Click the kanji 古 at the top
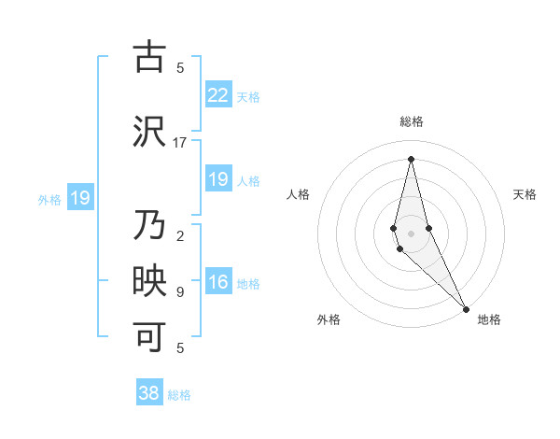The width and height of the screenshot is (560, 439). (149, 58)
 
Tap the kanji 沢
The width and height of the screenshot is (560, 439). (149, 131)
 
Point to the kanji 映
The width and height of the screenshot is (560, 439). (149, 283)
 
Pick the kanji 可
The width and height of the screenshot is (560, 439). (149, 337)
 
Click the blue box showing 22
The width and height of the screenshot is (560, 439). (217, 94)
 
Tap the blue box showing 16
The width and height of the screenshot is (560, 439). (217, 283)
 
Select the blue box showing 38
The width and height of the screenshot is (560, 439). (149, 393)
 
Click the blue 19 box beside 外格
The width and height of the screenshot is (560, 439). (80, 198)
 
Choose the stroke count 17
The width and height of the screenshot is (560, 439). (180, 143)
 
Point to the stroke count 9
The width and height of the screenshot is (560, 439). (180, 292)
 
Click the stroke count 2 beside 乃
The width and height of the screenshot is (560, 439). (180, 236)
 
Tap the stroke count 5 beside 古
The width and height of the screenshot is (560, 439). (180, 67)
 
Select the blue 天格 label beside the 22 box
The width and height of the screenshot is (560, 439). (248, 96)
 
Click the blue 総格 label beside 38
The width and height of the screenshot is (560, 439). (179, 395)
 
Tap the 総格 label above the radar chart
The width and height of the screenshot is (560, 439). (412, 121)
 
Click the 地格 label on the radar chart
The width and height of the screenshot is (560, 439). (489, 320)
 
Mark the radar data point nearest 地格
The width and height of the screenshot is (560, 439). (466, 308)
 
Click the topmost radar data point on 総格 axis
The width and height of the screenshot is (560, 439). (411, 158)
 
